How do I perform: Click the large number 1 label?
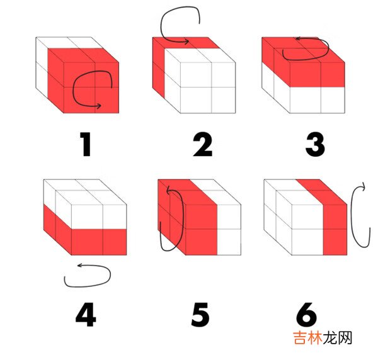[86, 144]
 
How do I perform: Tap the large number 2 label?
[203, 144]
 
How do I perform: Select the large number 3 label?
[316, 145]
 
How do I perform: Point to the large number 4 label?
[86, 315]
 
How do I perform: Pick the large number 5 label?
[200, 315]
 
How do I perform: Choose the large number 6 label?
[306, 315]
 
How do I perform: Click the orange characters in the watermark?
[308, 337]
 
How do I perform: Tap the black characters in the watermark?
[338, 337]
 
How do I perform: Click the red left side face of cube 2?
[159, 68]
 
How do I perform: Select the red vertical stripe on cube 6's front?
[335, 230]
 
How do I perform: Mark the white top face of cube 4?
[85, 192]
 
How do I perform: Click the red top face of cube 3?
[303, 50]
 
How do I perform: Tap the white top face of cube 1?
[69, 42]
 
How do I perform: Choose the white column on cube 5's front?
[229, 230]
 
